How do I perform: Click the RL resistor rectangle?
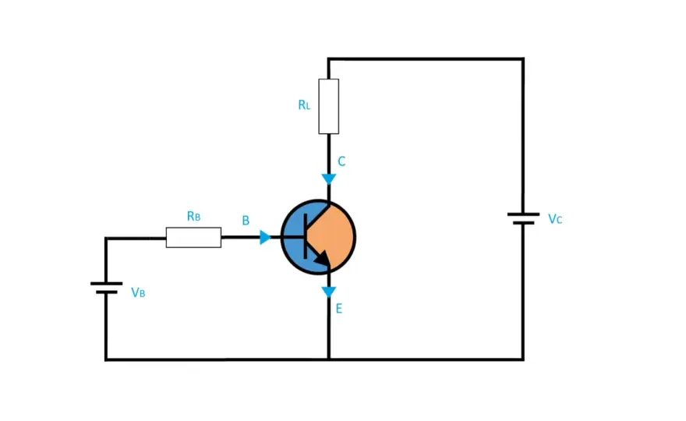(x=328, y=106)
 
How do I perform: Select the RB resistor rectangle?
(x=193, y=237)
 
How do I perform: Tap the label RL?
(x=304, y=105)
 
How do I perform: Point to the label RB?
(x=194, y=216)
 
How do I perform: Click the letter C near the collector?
(x=341, y=161)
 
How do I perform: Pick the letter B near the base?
(x=246, y=221)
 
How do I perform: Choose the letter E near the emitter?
(x=339, y=309)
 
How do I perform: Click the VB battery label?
(x=138, y=292)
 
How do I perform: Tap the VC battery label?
(x=555, y=219)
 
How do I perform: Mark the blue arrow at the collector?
(x=328, y=179)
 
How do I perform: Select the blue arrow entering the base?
(x=265, y=237)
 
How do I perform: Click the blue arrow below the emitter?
(x=328, y=292)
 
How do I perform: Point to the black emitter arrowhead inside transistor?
(x=323, y=258)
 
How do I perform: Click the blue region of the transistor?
(x=295, y=238)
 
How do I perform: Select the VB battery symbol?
(x=106, y=288)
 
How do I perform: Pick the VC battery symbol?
(x=523, y=218)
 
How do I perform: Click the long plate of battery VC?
(x=523, y=214)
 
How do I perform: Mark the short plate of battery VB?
(x=106, y=292)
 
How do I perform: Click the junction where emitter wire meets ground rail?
(x=328, y=359)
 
